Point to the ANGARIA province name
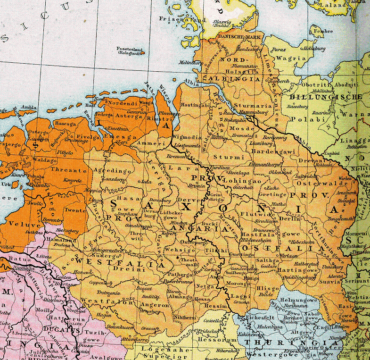point(193,228)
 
